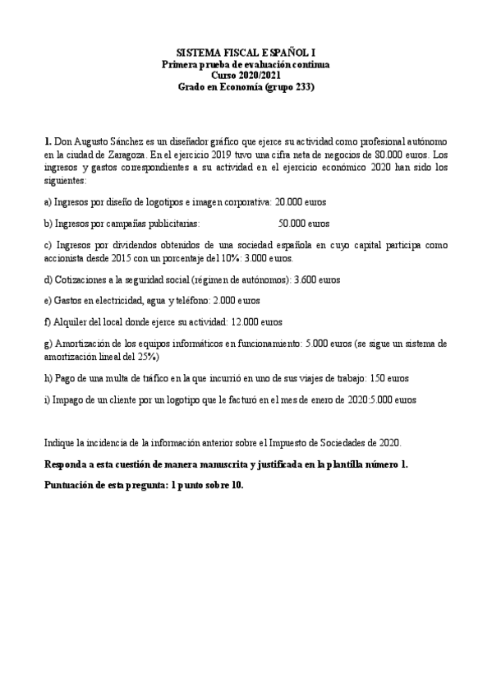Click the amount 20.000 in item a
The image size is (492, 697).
288,201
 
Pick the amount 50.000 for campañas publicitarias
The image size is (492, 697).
292,223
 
